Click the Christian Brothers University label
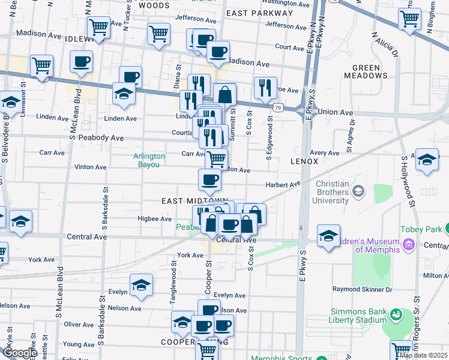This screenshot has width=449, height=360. point(332,192)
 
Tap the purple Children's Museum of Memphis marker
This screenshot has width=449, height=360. point(409,244)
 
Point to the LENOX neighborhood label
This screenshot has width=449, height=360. point(304,162)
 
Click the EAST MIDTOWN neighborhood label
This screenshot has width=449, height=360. point(194,200)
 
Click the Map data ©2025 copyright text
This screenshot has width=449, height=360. point(423,355)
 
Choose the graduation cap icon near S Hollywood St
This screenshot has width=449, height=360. point(427,160)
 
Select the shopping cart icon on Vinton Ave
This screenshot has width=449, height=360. point(217,159)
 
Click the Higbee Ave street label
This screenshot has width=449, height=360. point(155,219)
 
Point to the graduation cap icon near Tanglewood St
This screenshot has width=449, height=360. point(142,284)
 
